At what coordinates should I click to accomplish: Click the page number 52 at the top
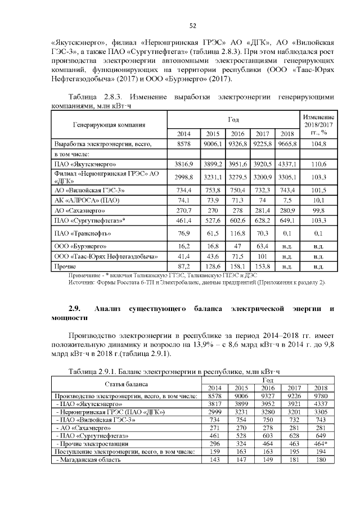pos(192,25)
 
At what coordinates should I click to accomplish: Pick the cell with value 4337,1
pos(287,164)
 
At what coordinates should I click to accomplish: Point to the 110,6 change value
pos(318,164)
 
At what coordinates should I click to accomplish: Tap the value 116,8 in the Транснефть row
pos(237,232)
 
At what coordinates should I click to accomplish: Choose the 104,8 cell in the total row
pos(318,144)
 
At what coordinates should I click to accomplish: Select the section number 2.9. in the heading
pos(75,309)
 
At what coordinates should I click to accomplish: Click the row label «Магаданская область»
pos(89,460)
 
